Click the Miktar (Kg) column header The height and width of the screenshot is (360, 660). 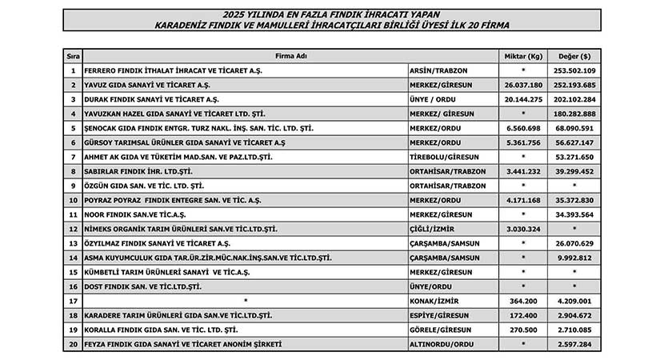tap(523, 57)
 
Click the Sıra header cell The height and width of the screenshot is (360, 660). tap(73, 57)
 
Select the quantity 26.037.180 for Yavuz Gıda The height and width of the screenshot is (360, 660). tap(523, 85)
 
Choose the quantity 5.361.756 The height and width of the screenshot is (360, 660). tap(523, 142)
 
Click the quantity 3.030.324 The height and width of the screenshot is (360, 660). tap(523, 229)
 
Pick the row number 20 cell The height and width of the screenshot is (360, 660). tap(73, 344)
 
